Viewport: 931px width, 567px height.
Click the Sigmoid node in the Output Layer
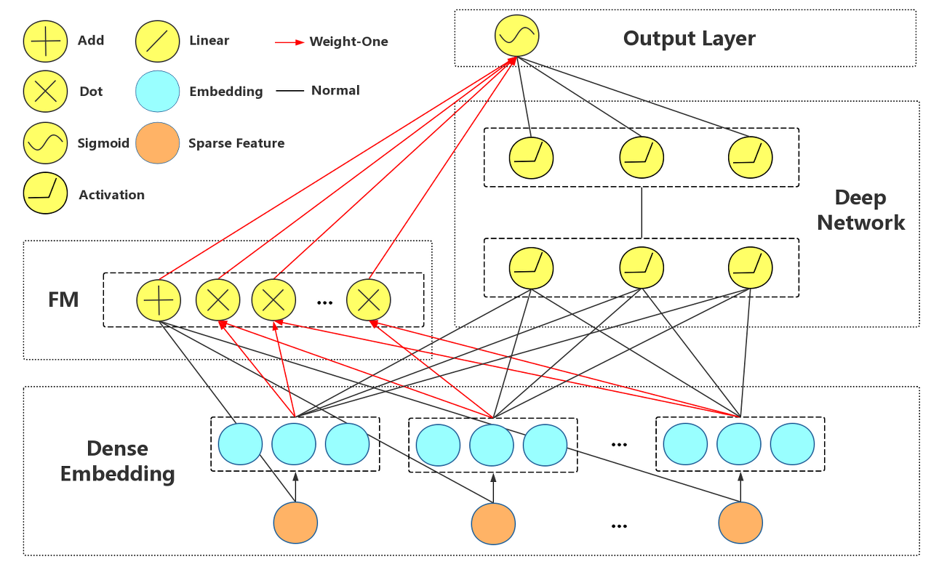pos(516,36)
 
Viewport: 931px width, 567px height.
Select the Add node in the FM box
pos(159,300)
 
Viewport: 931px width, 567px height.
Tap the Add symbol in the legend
pos(45,41)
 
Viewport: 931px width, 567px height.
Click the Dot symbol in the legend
pos(45,91)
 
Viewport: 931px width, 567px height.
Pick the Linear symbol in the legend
pos(157,41)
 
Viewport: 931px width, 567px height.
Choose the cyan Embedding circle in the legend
pos(157,91)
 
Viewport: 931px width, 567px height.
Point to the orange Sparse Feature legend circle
pos(157,142)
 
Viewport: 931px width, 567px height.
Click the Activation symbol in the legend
pos(45,193)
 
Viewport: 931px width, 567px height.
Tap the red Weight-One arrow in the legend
pos(289,42)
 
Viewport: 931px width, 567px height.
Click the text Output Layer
pos(689,39)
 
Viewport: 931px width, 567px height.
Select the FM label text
pos(63,299)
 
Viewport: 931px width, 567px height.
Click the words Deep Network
pos(860,210)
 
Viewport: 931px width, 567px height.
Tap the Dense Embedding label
pos(118,461)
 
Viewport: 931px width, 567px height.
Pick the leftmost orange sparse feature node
pos(295,523)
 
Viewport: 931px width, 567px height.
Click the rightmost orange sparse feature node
pos(740,523)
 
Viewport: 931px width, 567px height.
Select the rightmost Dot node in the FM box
pos(368,300)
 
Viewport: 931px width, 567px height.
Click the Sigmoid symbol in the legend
pos(45,142)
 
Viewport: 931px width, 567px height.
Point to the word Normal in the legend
pos(335,90)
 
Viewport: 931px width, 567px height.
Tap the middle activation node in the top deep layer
pos(642,158)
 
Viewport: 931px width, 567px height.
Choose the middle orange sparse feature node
pos(493,523)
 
